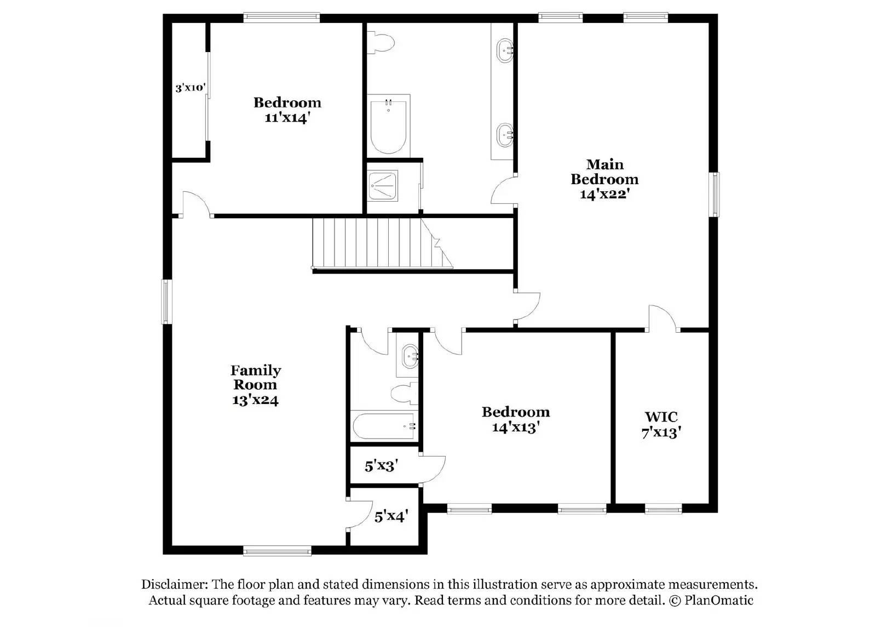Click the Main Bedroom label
tap(604, 179)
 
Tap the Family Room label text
tap(255, 378)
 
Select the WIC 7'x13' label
tap(661, 425)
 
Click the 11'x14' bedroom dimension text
tap(288, 117)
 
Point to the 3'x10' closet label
tap(190, 88)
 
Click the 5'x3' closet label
tap(381, 466)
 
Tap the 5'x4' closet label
tap(391, 516)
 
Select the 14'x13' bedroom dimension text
tap(516, 427)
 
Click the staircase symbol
tap(378, 243)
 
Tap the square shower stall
tap(383, 185)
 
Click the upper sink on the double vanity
tap(504, 51)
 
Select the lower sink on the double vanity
tap(504, 133)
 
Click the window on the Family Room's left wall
tap(166, 301)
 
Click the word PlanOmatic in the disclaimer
tap(718, 601)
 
